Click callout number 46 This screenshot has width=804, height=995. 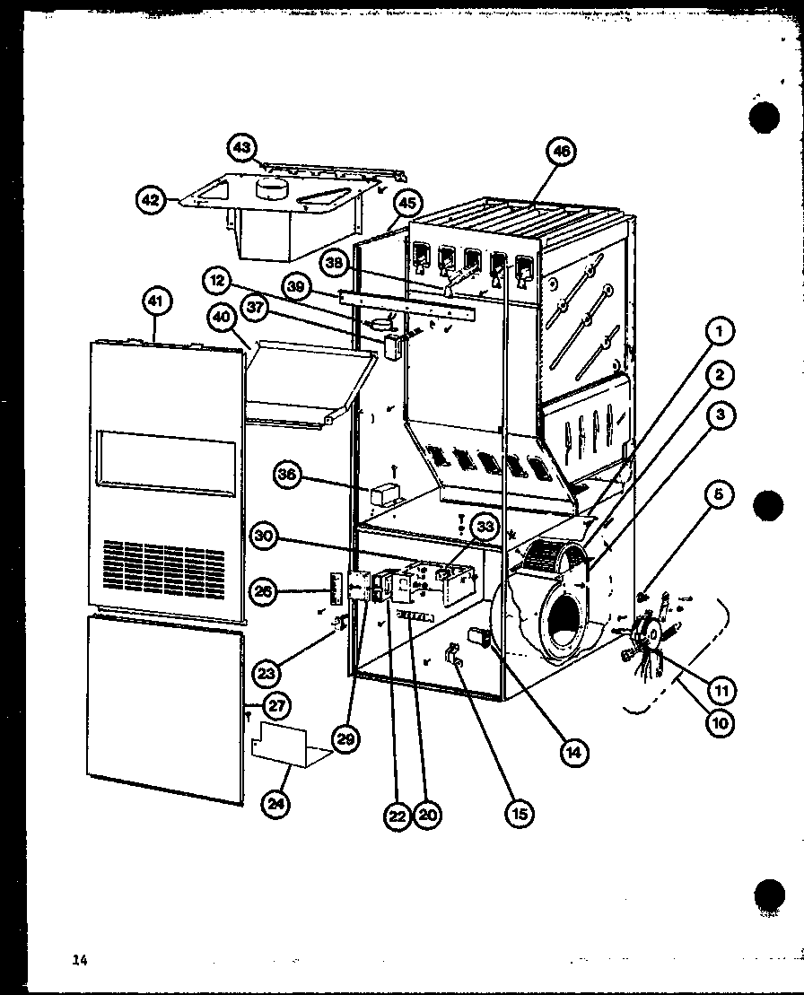pyautogui.click(x=562, y=152)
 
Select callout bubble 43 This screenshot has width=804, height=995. pyautogui.click(x=243, y=147)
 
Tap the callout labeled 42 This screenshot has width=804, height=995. pyautogui.click(x=151, y=200)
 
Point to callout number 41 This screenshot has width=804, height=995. pyautogui.click(x=157, y=302)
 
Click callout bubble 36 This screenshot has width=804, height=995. pyautogui.click(x=287, y=477)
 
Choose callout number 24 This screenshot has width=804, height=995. pyautogui.click(x=278, y=804)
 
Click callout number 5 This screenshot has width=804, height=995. pyautogui.click(x=722, y=494)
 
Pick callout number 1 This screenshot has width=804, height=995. pyautogui.click(x=721, y=333)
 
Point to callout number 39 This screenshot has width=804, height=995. pyautogui.click(x=293, y=287)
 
